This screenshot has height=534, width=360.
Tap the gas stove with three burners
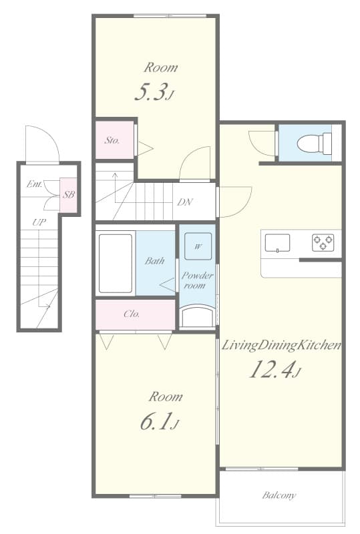tap(323, 243)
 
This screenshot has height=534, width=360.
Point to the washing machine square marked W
tap(198, 246)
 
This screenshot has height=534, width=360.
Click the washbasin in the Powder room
tap(197, 316)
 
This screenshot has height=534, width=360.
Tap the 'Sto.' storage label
tap(112, 141)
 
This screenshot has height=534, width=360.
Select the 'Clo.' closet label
tap(132, 314)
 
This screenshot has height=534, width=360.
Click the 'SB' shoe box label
tap(68, 195)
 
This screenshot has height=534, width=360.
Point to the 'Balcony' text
tap(279, 496)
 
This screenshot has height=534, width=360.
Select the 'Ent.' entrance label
tap(35, 184)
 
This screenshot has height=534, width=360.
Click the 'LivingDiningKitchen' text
tap(281, 345)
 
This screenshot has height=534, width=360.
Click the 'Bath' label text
tap(154, 261)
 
